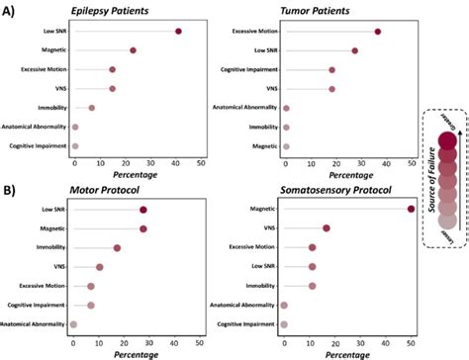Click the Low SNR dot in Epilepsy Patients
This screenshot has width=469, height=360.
pyautogui.click(x=178, y=32)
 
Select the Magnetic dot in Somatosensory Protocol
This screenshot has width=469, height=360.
pyautogui.click(x=411, y=209)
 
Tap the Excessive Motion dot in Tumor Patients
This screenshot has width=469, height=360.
pyautogui.click(x=378, y=32)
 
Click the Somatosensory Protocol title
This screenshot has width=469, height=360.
pyautogui.click(x=339, y=188)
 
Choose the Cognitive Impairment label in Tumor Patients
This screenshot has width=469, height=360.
pyautogui.click(x=238, y=70)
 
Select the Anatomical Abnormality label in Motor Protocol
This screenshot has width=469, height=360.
pyautogui.click(x=32, y=324)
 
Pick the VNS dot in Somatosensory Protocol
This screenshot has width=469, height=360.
pyautogui.click(x=326, y=228)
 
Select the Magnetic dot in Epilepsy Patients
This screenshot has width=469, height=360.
pyautogui.click(x=133, y=50)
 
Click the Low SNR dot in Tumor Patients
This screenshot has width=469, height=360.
pyautogui.click(x=355, y=50)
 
